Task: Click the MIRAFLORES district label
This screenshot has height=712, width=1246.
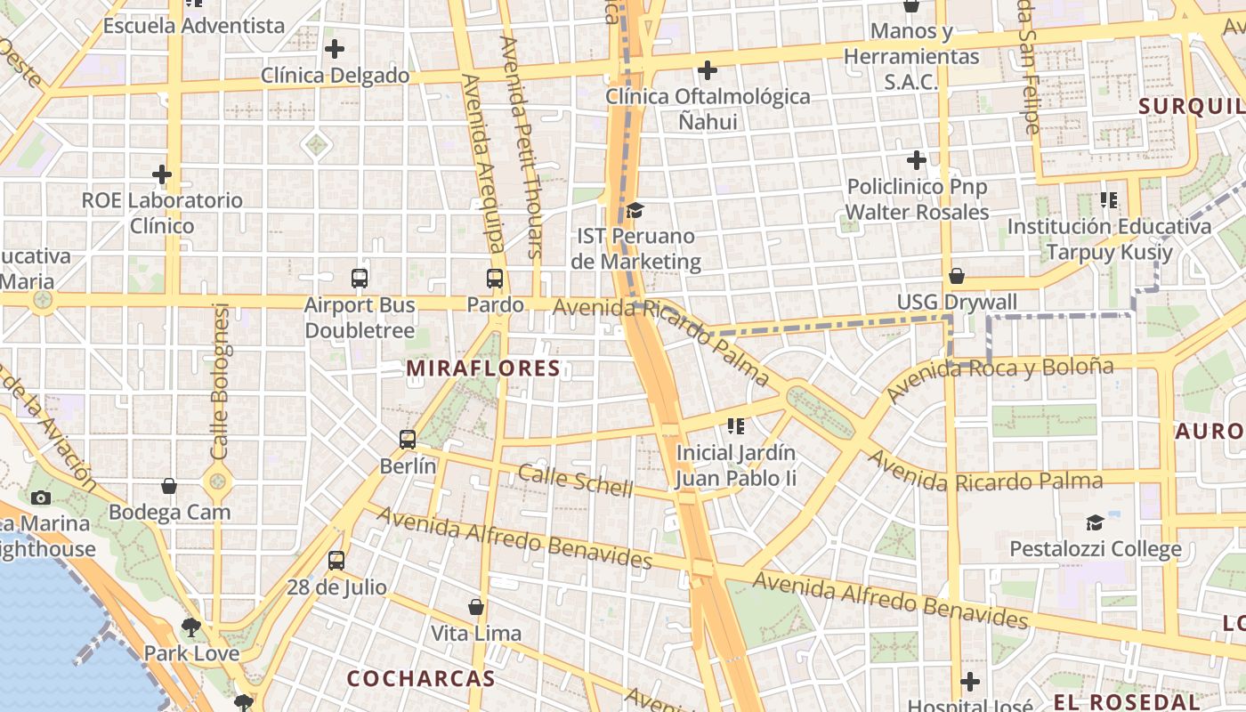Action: point(483,368)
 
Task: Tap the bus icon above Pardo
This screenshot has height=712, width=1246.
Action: point(495,279)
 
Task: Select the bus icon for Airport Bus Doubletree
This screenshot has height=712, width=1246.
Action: point(360,279)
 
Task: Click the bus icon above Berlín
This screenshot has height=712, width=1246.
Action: point(408,439)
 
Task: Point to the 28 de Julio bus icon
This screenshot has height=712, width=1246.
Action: point(336,561)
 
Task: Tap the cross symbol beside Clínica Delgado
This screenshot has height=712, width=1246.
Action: point(335,49)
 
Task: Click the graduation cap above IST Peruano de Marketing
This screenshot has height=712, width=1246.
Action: point(635,210)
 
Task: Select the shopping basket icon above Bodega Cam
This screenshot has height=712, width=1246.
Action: point(169,486)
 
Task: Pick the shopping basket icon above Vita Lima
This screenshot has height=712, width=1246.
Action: point(476,607)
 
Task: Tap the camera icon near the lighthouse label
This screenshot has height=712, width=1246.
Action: point(41,498)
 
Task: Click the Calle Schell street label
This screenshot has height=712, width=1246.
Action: point(575,481)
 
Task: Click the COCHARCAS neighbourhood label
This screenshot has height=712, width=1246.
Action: point(420,678)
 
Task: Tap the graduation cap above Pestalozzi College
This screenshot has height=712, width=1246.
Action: point(1095,522)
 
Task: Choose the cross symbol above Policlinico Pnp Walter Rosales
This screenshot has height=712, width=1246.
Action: point(917,161)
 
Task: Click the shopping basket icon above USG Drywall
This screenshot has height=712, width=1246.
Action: point(957,276)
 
